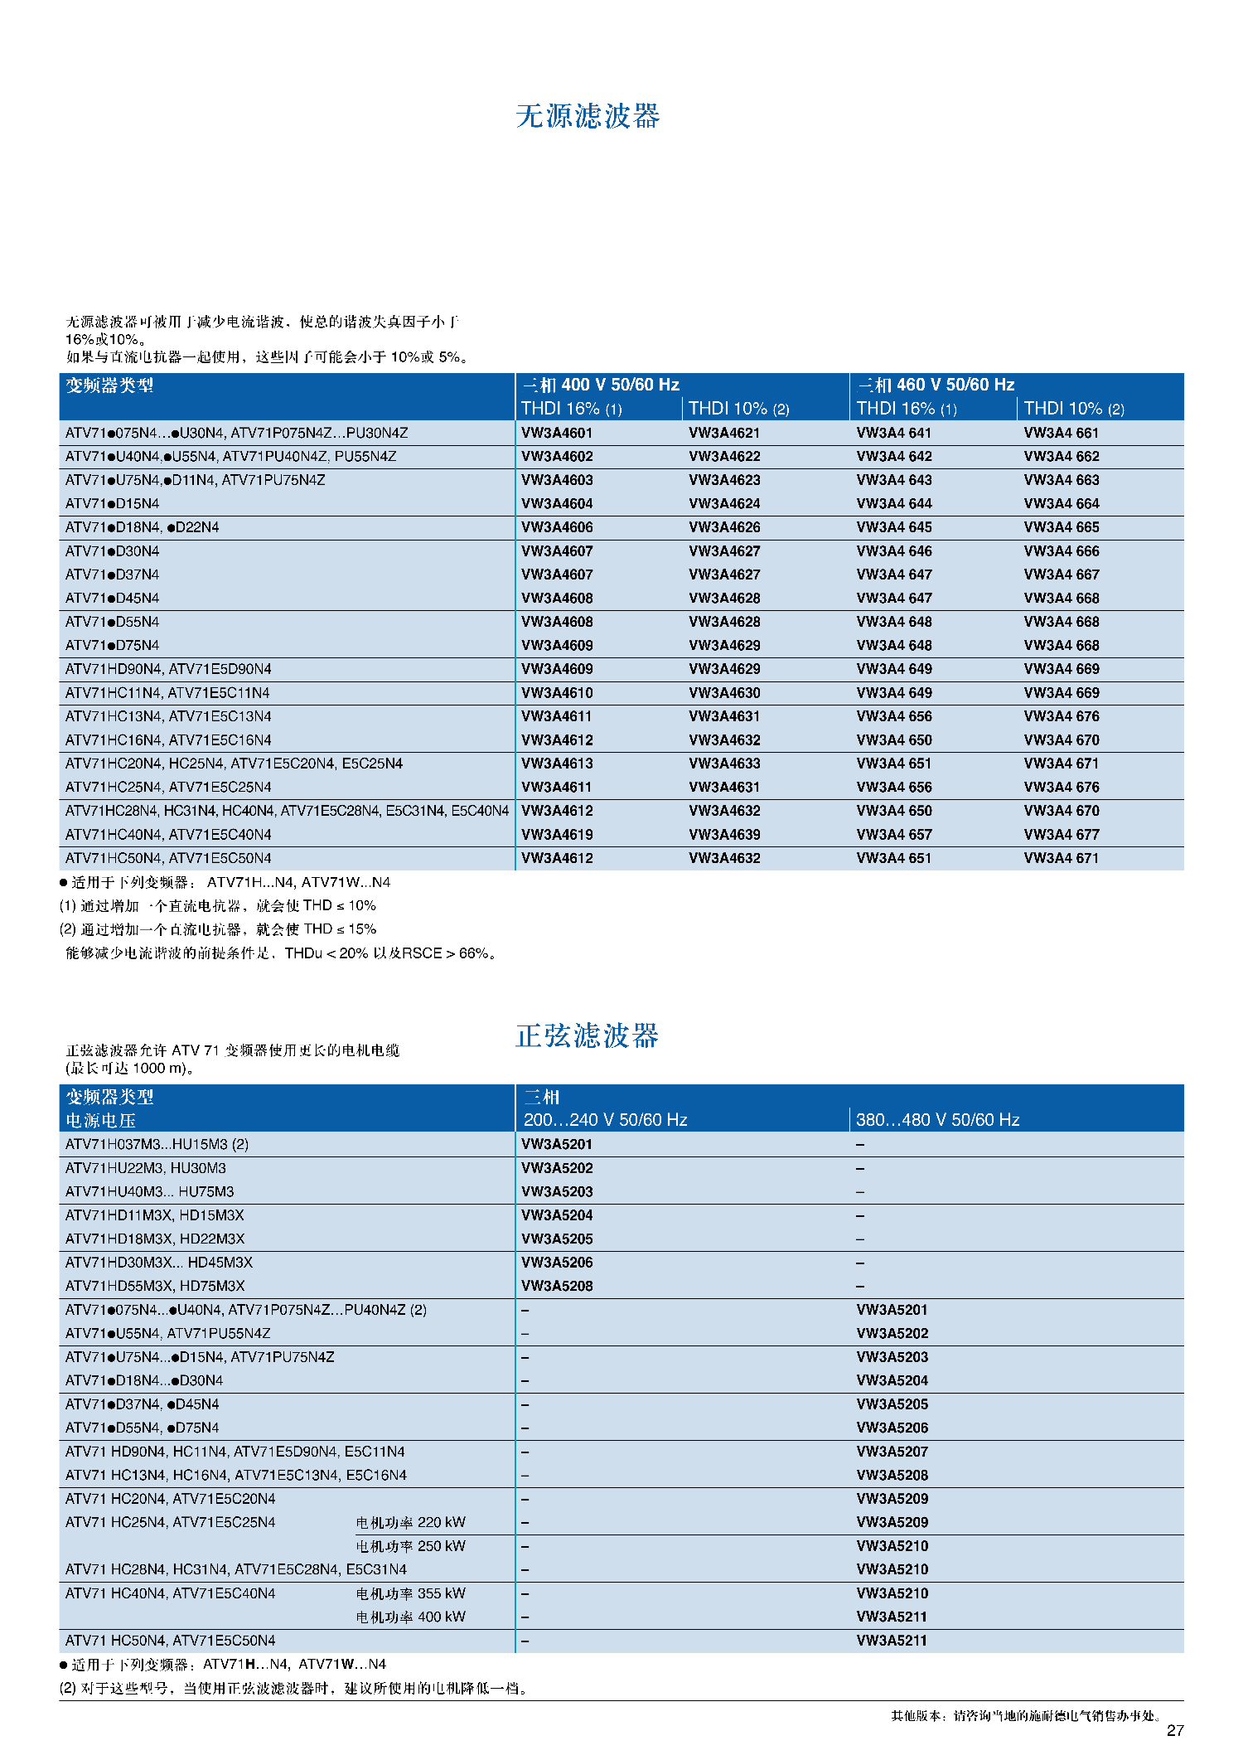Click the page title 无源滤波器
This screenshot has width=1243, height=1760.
pyautogui.click(x=588, y=116)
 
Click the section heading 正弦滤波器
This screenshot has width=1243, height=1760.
pyautogui.click(x=587, y=1035)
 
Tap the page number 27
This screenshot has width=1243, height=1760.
pyautogui.click(x=1175, y=1730)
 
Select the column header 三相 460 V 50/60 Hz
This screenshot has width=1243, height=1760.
pyautogui.click(x=936, y=385)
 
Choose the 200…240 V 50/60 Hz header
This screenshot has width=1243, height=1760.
pyautogui.click(x=605, y=1120)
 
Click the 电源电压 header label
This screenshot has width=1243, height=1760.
pyautogui.click(x=100, y=1121)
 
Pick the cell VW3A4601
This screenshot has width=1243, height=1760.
pyautogui.click(x=557, y=433)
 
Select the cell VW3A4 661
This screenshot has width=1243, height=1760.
pyautogui.click(x=1061, y=433)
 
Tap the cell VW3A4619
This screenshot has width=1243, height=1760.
pyautogui.click(x=557, y=835)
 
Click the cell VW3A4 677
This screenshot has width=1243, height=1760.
pyautogui.click(x=1061, y=835)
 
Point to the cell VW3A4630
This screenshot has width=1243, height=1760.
pyautogui.click(x=724, y=693)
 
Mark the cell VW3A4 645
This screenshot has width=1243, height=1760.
pyautogui.click(x=893, y=527)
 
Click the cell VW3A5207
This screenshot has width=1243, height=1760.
pyautogui.click(x=892, y=1452)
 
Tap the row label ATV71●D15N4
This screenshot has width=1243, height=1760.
pyautogui.click(x=113, y=504)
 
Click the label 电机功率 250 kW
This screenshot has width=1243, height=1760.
pyautogui.click(x=410, y=1546)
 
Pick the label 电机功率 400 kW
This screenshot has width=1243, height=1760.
pyautogui.click(x=410, y=1617)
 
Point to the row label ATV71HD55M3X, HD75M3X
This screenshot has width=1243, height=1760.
pyautogui.click(x=155, y=1286)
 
